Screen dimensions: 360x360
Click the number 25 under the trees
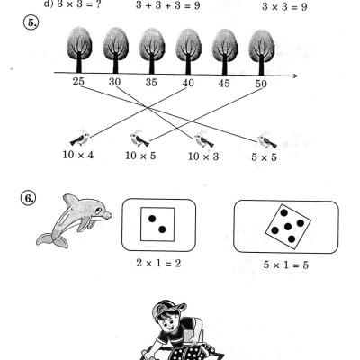(x=78, y=81)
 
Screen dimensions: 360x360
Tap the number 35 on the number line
(x=151, y=82)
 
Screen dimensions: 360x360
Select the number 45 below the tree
(x=224, y=83)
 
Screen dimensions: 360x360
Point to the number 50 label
(x=261, y=84)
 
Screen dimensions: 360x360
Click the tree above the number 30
(x=116, y=50)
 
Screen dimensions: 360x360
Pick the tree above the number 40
(x=188, y=51)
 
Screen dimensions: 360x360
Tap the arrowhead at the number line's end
(x=295, y=76)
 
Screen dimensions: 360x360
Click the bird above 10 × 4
(x=80, y=139)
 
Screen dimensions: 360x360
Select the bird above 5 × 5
(x=267, y=140)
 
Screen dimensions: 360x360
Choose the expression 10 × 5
(x=140, y=156)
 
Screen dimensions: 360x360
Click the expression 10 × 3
(x=203, y=157)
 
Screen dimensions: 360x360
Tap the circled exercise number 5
(x=31, y=23)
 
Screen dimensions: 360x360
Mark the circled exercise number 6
(x=28, y=198)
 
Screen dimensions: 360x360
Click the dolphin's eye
(x=98, y=211)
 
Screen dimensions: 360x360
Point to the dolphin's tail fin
(x=52, y=240)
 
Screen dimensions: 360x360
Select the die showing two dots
(x=157, y=224)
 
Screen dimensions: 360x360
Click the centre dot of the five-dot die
(x=288, y=227)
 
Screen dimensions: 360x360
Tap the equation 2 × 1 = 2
(x=158, y=263)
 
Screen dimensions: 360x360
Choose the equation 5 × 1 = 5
(x=286, y=265)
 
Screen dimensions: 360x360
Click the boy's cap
(x=168, y=309)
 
